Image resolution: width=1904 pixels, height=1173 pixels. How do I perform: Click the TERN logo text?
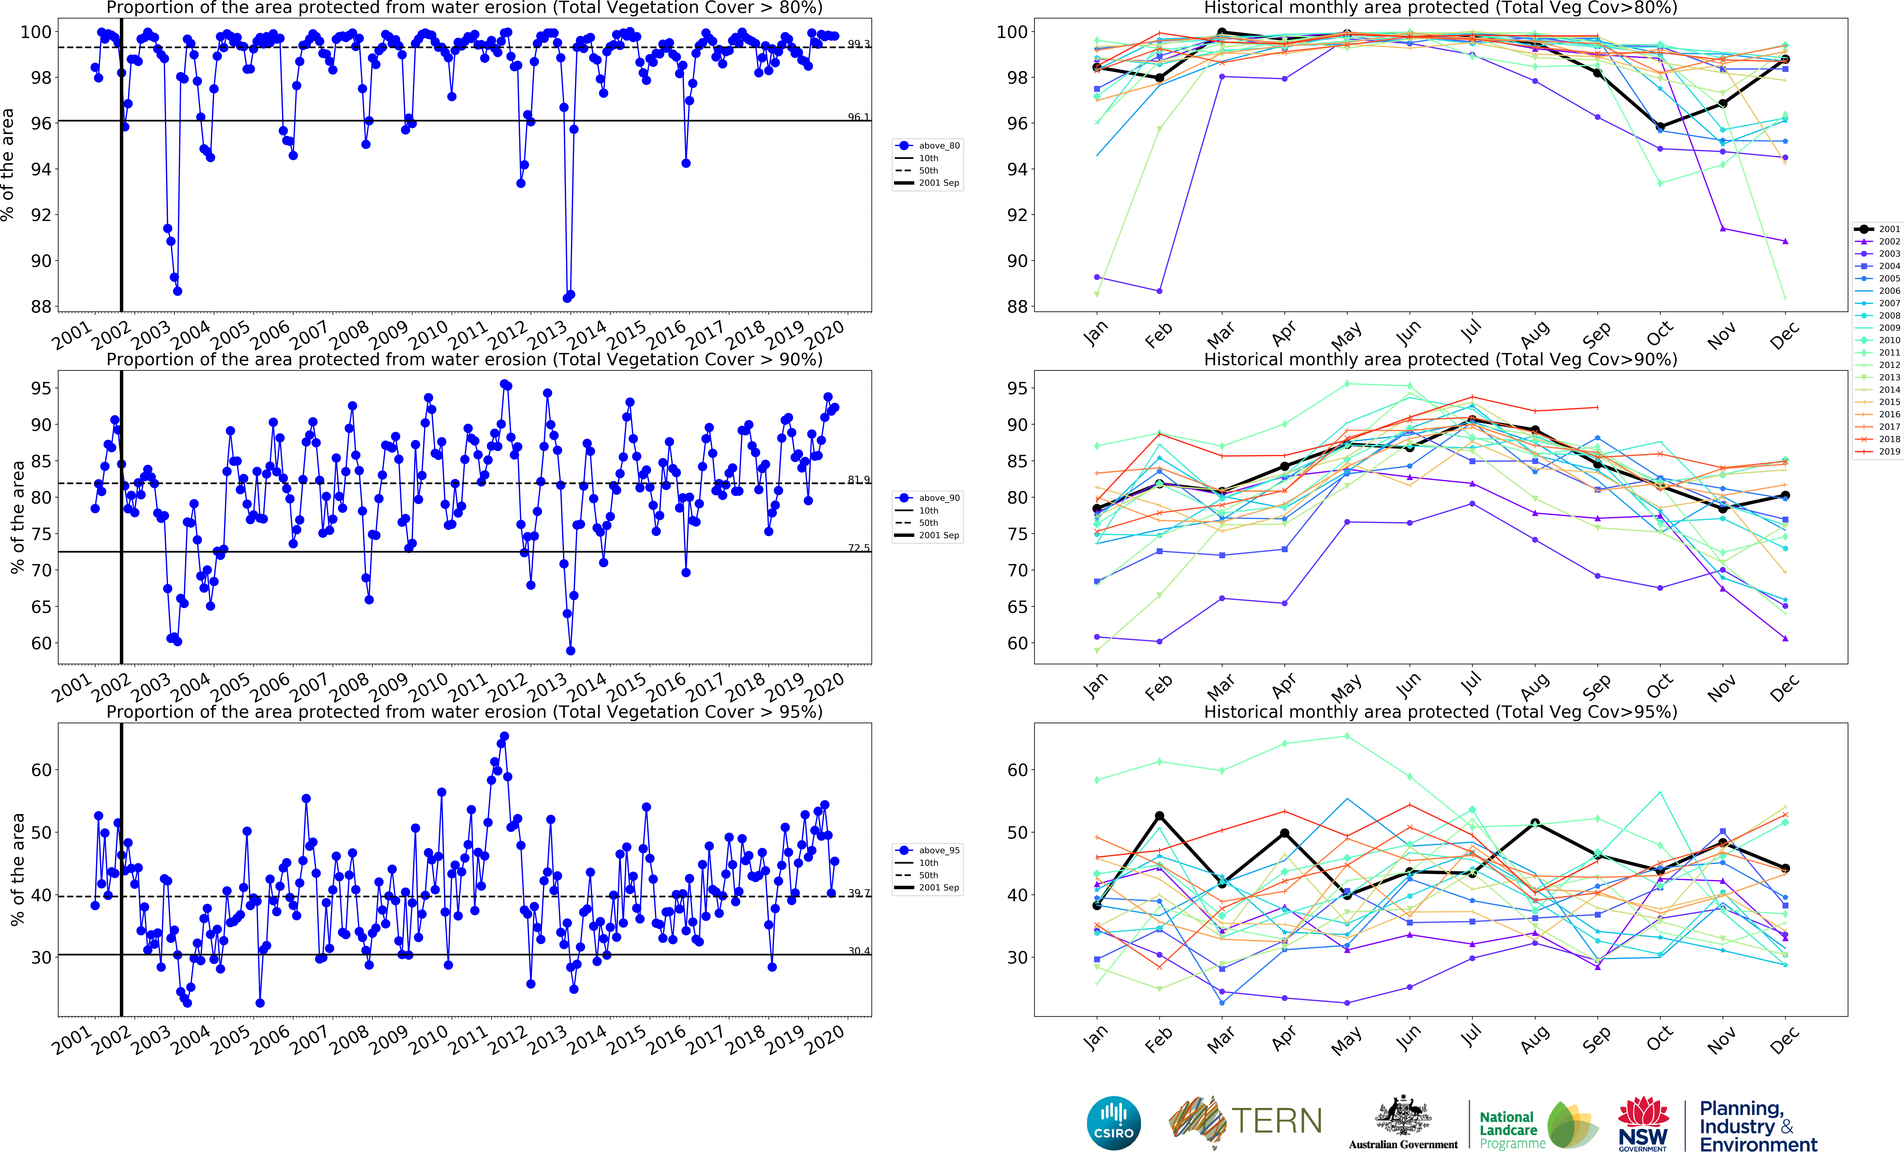click(x=1276, y=1121)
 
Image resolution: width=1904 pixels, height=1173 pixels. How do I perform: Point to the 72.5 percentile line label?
click(x=858, y=548)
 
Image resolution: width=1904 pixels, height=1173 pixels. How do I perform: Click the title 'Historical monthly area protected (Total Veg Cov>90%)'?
click(x=1440, y=359)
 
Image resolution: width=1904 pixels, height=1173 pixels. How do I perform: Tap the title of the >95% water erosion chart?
click(x=464, y=711)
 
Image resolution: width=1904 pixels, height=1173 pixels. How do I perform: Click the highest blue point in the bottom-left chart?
click(x=504, y=736)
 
